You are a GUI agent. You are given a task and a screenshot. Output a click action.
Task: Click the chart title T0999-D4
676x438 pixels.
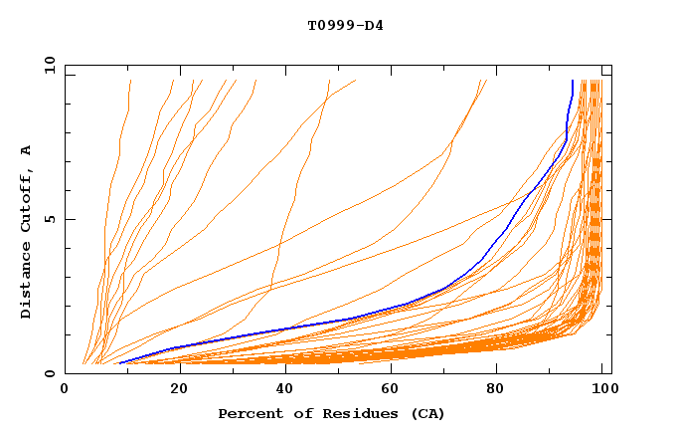(345, 25)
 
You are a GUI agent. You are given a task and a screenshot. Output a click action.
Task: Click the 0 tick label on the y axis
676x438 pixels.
(50, 373)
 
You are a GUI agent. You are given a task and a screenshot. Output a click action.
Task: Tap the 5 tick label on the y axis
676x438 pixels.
(50, 219)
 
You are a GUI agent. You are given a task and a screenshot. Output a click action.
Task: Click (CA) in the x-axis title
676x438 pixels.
(424, 413)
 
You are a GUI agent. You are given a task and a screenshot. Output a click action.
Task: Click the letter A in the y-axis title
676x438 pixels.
(27, 149)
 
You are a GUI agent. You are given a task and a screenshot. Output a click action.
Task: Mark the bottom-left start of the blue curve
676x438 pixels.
(119, 362)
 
